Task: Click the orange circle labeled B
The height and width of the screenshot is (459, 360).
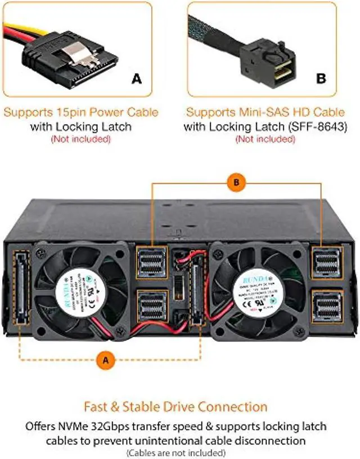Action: pos(236,182)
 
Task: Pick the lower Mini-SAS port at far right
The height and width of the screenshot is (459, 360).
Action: pos(326,305)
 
